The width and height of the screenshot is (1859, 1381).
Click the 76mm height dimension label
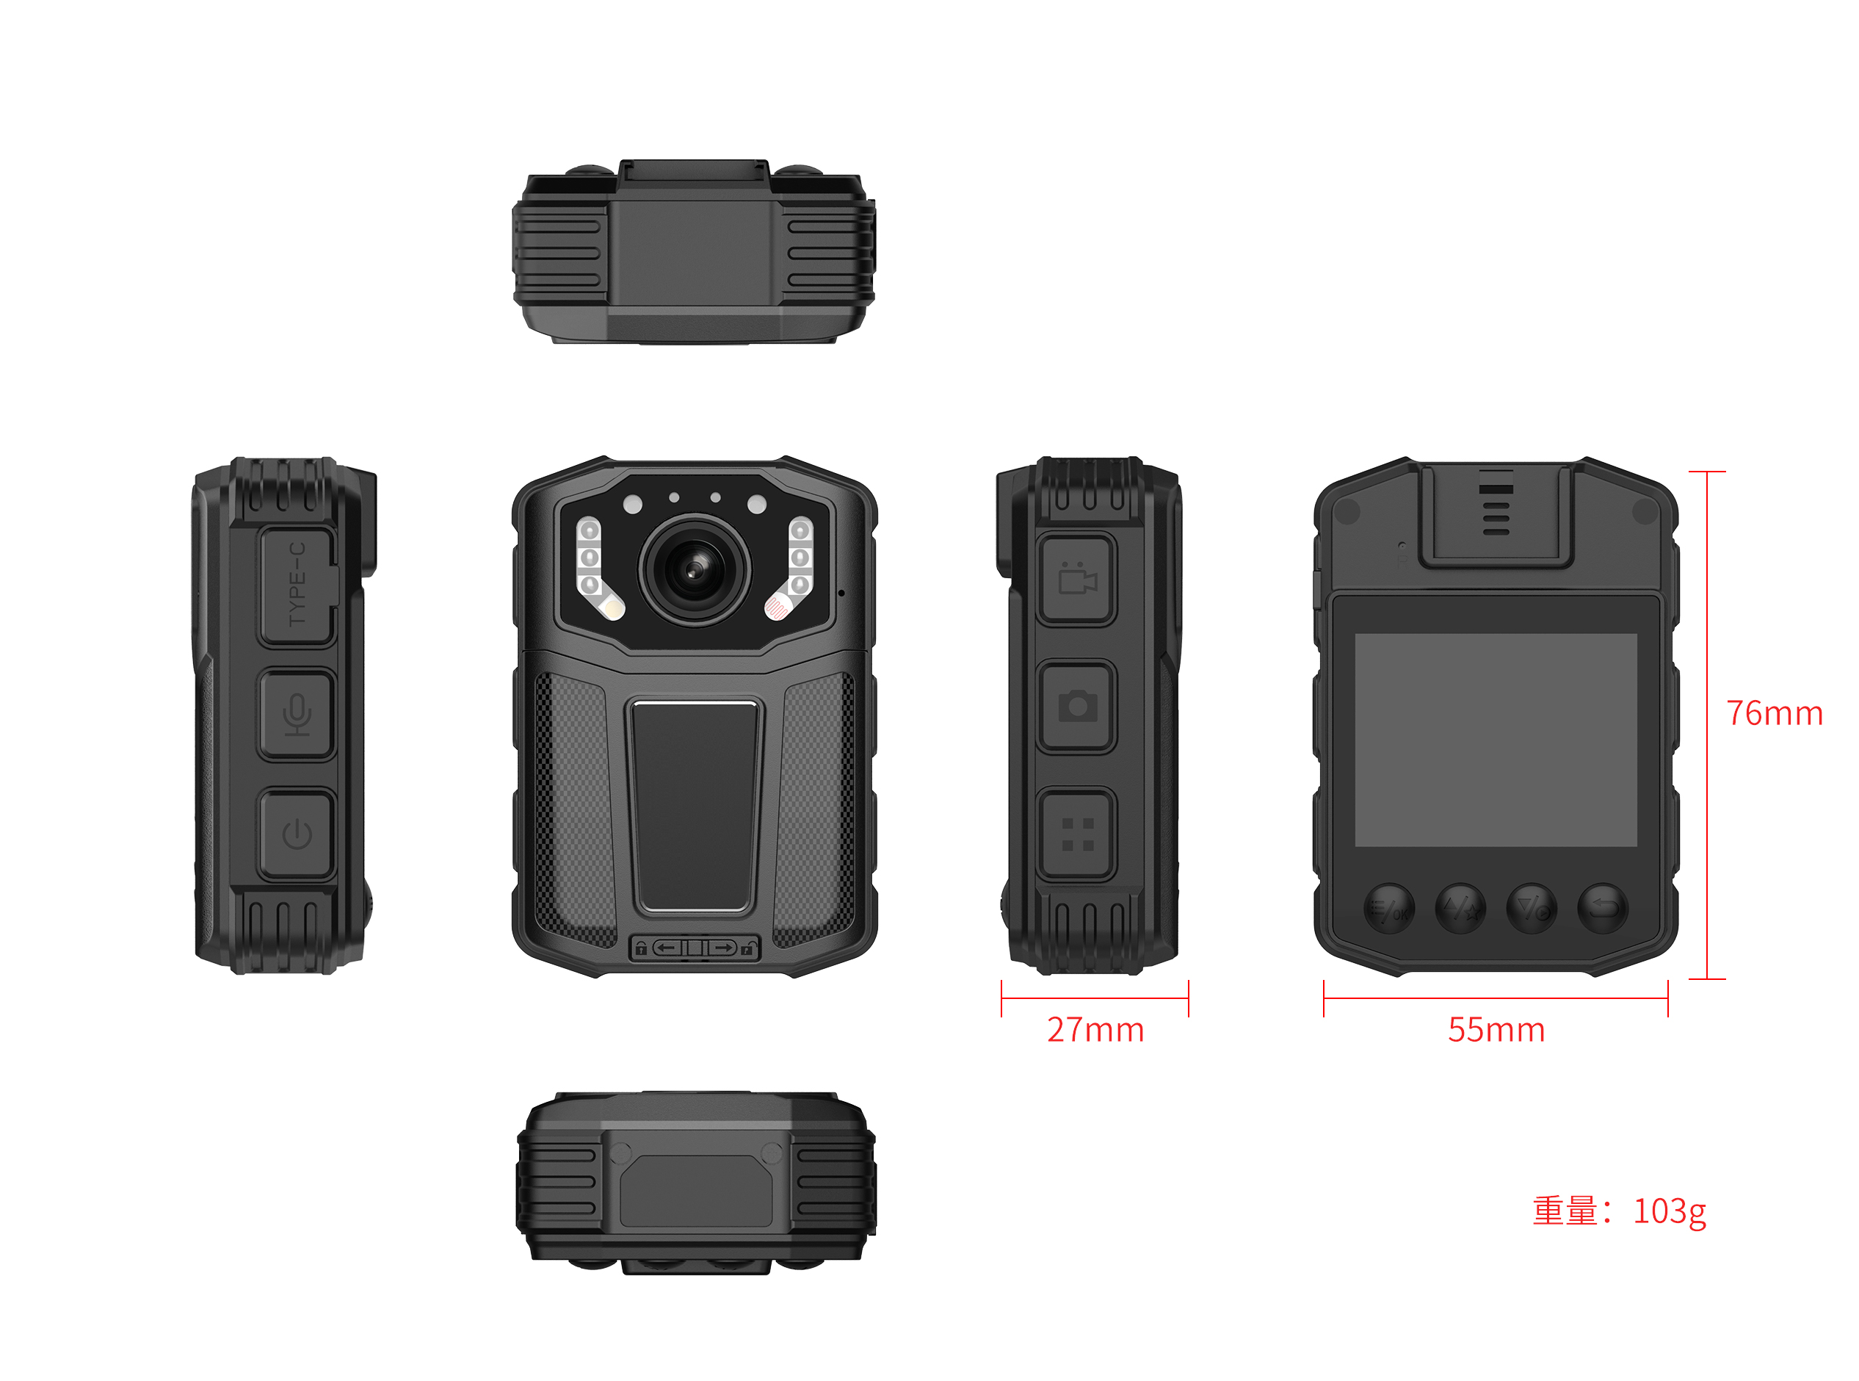click(x=1775, y=713)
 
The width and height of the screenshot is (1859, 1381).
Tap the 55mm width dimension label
click(x=1496, y=1030)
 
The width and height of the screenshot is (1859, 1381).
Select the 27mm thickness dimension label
click(x=1095, y=1030)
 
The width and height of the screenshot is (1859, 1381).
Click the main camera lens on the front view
click(x=695, y=570)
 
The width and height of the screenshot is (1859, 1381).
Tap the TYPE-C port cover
click(x=298, y=586)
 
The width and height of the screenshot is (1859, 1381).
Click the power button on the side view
click(x=297, y=834)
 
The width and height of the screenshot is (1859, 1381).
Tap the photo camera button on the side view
click(x=1077, y=707)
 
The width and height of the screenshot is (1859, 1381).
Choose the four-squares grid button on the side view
click(x=1077, y=834)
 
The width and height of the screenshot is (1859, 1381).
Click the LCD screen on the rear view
click(x=1495, y=740)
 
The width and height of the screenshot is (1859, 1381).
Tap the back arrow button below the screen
click(x=1603, y=908)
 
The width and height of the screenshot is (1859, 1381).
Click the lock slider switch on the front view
click(x=695, y=947)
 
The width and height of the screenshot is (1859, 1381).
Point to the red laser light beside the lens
click(x=777, y=606)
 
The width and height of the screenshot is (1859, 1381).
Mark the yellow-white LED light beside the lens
click(x=612, y=606)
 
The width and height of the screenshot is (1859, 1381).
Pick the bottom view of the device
click(x=695, y=1183)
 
